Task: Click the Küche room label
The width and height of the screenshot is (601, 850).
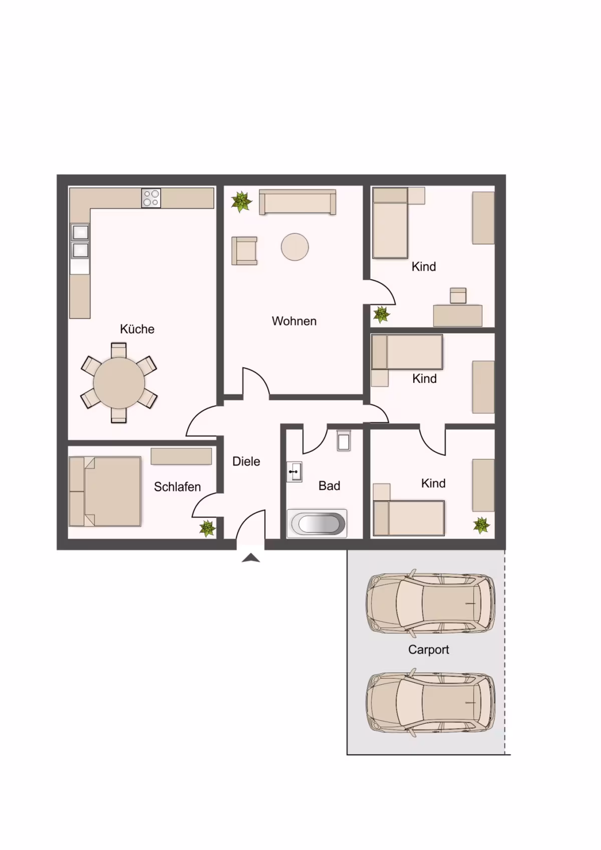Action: pos(137,328)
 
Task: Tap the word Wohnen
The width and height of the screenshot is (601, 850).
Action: pos(294,321)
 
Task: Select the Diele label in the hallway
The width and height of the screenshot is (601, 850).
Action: pos(246,462)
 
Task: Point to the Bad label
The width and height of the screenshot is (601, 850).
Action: pos(329,486)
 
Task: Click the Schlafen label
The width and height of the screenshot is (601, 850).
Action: pos(177,487)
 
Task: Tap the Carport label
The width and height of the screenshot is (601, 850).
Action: pos(428,650)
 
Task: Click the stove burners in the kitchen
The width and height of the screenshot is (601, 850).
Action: pos(151,198)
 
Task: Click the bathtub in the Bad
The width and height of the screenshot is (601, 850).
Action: pos(317,524)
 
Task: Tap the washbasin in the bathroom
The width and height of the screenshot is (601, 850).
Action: pos(294,472)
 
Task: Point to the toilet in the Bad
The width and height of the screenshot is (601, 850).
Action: pos(344,440)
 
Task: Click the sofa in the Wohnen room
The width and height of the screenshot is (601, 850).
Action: pos(297,202)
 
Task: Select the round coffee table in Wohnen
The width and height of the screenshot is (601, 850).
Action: pos(294,247)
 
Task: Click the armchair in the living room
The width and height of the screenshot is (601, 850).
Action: pos(244,251)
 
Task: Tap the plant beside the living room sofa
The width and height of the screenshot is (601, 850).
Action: pos(241,202)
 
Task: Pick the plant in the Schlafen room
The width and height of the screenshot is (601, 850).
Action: pos(208,528)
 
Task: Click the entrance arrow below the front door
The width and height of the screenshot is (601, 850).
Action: pos(251,558)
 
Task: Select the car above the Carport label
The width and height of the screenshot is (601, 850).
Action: pos(430,603)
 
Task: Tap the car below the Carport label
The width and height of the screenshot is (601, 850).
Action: pos(430,702)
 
